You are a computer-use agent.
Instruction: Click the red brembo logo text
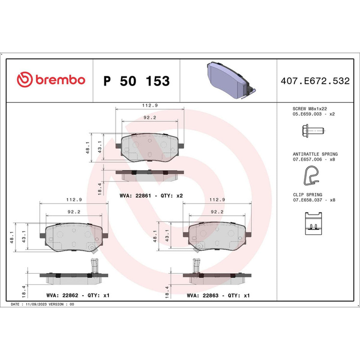pos(60,80)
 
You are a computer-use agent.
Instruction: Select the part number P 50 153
pos(136,81)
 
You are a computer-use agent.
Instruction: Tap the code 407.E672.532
pos(315,81)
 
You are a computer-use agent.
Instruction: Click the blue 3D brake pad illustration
pos(231,80)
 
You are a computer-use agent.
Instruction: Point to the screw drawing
pos(313,131)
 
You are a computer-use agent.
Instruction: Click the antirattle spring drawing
pos(311,175)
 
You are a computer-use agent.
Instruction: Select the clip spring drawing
pos(313,223)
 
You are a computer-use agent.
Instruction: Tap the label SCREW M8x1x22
pos(310,109)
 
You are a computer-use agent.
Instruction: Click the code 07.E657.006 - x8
pos(314,159)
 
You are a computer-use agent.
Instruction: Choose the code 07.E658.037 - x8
pos(314,200)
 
